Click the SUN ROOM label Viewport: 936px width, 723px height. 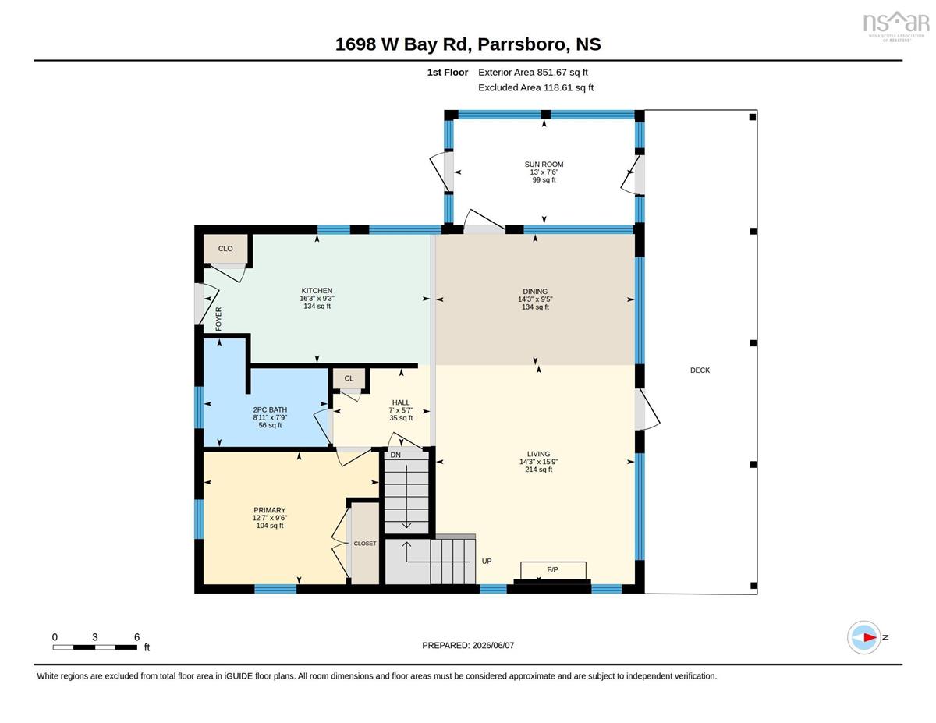pyautogui.click(x=544, y=164)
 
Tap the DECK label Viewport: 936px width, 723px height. pyautogui.click(x=700, y=370)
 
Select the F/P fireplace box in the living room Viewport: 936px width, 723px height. pyautogui.click(x=553, y=571)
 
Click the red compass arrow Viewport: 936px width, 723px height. pyautogui.click(x=870, y=637)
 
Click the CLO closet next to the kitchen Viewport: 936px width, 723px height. pyautogui.click(x=225, y=249)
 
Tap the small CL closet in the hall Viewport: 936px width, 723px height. pyautogui.click(x=349, y=378)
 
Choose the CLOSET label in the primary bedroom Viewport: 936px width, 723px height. pyautogui.click(x=365, y=544)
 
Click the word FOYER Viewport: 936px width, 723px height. pyautogui.click(x=218, y=319)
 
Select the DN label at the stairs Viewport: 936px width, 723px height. pyautogui.click(x=395, y=455)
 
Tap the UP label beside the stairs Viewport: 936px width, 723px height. pyautogui.click(x=487, y=561)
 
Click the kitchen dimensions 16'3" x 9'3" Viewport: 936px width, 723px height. pyautogui.click(x=317, y=299)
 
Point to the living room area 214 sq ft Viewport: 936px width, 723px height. pyautogui.click(x=538, y=470)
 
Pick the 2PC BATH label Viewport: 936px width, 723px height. pyautogui.click(x=270, y=409)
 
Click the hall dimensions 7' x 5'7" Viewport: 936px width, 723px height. pyautogui.click(x=401, y=410)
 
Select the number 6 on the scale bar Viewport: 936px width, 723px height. pyautogui.click(x=137, y=637)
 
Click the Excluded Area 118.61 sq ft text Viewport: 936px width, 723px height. pyautogui.click(x=536, y=87)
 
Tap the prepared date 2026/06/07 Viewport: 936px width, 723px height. pyautogui.click(x=493, y=645)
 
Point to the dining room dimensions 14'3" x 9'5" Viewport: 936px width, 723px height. pyautogui.click(x=535, y=299)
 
